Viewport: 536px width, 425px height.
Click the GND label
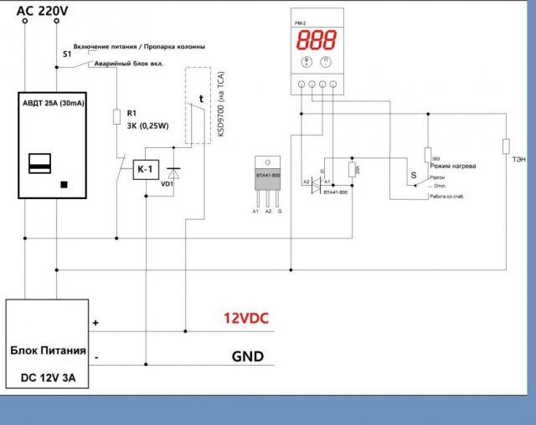247,357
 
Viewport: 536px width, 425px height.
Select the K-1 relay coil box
145,170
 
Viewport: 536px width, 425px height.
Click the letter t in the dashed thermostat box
201,99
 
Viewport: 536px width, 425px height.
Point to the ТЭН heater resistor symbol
505,146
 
